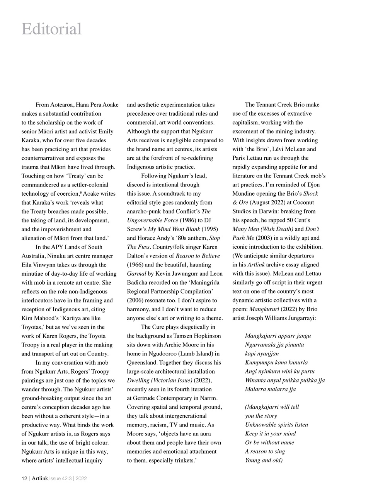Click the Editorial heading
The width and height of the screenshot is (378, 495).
[51, 29]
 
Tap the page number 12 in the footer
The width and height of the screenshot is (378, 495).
[24, 478]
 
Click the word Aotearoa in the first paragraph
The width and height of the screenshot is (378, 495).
[62, 105]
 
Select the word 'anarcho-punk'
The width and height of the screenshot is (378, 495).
[143, 212]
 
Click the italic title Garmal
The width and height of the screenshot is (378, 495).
[136, 274]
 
